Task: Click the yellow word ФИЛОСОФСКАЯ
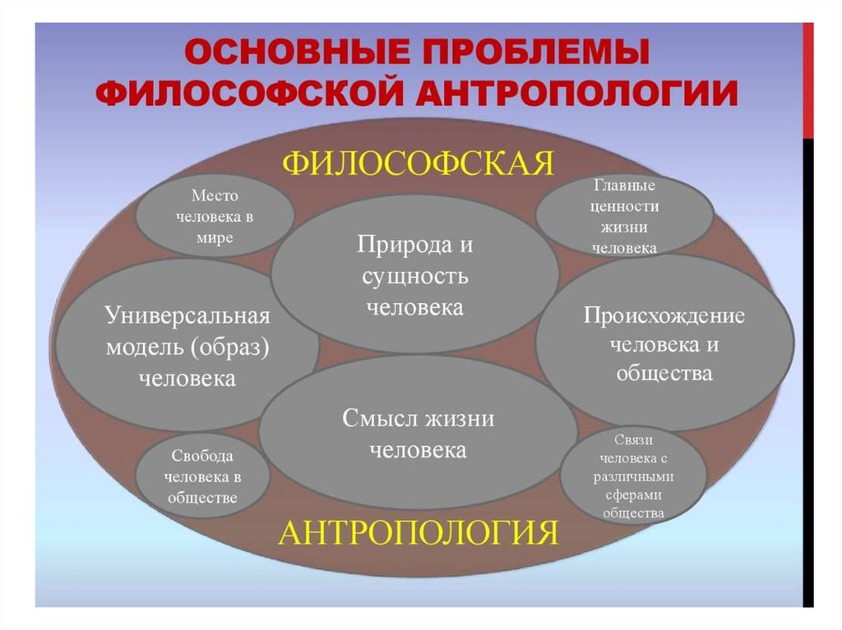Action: point(418,163)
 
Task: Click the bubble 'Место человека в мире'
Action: point(215,218)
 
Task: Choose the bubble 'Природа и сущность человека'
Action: point(414,276)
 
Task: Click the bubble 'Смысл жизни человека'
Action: point(418,434)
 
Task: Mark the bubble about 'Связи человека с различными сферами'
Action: point(633,477)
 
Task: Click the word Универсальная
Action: point(187,316)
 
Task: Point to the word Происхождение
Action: point(664,316)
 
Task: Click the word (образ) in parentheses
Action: point(229,347)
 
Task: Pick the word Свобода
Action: point(202,456)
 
